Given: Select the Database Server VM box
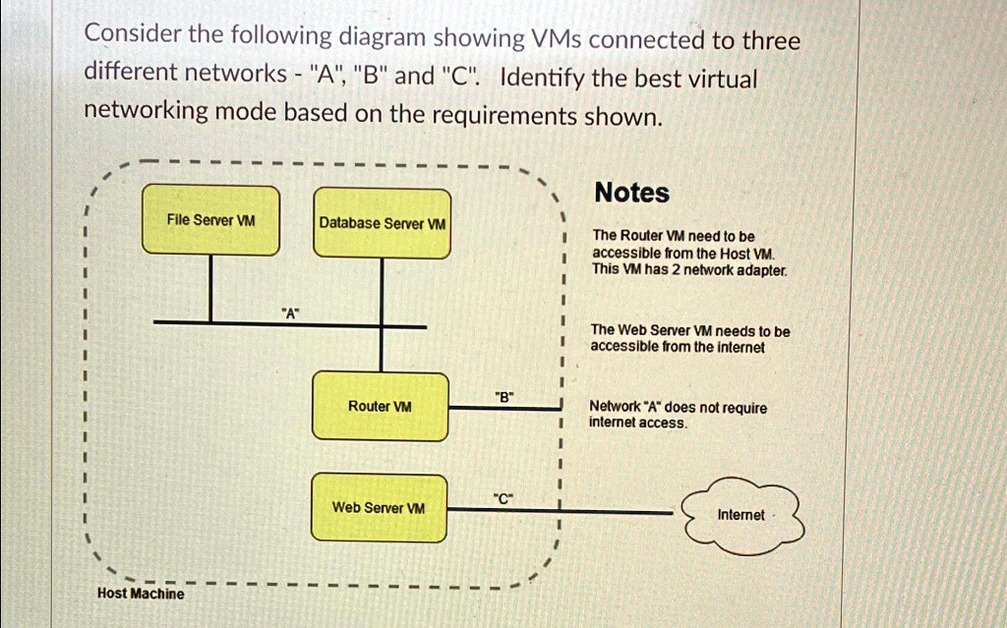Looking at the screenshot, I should click(382, 223).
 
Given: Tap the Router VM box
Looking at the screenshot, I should click(380, 406).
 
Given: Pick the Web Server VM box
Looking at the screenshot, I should click(378, 507).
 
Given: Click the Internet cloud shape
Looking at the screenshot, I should click(741, 513).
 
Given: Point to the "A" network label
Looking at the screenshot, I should click(289, 314).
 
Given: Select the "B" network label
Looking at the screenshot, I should click(503, 397).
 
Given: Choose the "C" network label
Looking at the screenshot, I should click(503, 499).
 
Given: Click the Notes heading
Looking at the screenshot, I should click(631, 193).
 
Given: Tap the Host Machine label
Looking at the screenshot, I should click(140, 594).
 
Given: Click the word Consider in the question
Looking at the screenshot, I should click(133, 36).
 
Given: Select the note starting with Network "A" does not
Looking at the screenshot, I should click(677, 415).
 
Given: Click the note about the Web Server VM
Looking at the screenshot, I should click(689, 339).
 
